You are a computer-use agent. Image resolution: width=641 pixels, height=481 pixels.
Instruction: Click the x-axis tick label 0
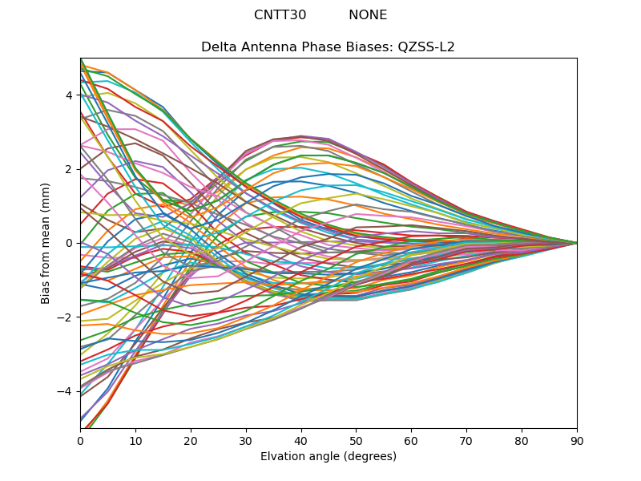[80, 440]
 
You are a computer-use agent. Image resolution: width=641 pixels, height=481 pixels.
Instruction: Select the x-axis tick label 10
[135, 440]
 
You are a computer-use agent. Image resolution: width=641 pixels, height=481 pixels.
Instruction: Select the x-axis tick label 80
[522, 440]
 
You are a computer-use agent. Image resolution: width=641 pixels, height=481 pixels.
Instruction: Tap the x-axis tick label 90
[577, 440]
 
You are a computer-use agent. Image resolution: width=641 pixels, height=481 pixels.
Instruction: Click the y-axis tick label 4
[69, 95]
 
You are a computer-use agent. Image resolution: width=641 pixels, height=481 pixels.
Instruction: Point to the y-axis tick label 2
[69, 169]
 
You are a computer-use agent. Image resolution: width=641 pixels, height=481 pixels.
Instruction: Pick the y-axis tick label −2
[66, 317]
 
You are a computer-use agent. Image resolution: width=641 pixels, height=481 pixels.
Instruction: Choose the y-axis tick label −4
[66, 391]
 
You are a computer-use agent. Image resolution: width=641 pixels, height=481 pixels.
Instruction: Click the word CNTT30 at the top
[280, 15]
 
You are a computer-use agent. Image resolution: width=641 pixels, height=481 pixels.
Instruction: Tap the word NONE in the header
[368, 15]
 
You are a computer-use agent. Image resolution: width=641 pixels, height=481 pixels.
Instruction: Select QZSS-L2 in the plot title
[425, 47]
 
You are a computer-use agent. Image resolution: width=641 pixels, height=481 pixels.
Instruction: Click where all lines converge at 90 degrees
[576, 243]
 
